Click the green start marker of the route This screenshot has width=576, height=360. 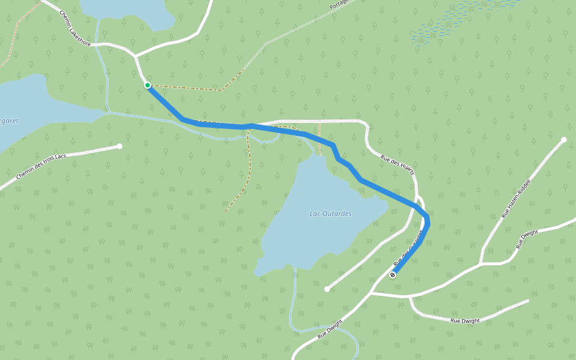pyautogui.click(x=148, y=85)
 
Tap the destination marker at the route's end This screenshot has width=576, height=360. pyautogui.click(x=392, y=275)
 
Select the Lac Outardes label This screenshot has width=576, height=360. pyautogui.click(x=331, y=214)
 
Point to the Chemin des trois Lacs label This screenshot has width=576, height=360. pyautogui.click(x=41, y=166)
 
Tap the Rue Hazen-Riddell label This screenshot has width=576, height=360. pyautogui.click(x=517, y=199)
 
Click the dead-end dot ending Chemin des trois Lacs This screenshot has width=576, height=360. pyautogui.click(x=120, y=146)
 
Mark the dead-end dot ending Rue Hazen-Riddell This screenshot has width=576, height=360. pyautogui.click(x=563, y=140)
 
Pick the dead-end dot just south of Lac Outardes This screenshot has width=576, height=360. pyautogui.click(x=327, y=289)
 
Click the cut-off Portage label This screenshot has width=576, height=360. pyautogui.click(x=340, y=5)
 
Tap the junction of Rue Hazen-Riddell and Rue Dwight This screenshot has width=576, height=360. pyautogui.click(x=481, y=263)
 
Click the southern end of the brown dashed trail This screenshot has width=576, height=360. pyautogui.click(x=226, y=212)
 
